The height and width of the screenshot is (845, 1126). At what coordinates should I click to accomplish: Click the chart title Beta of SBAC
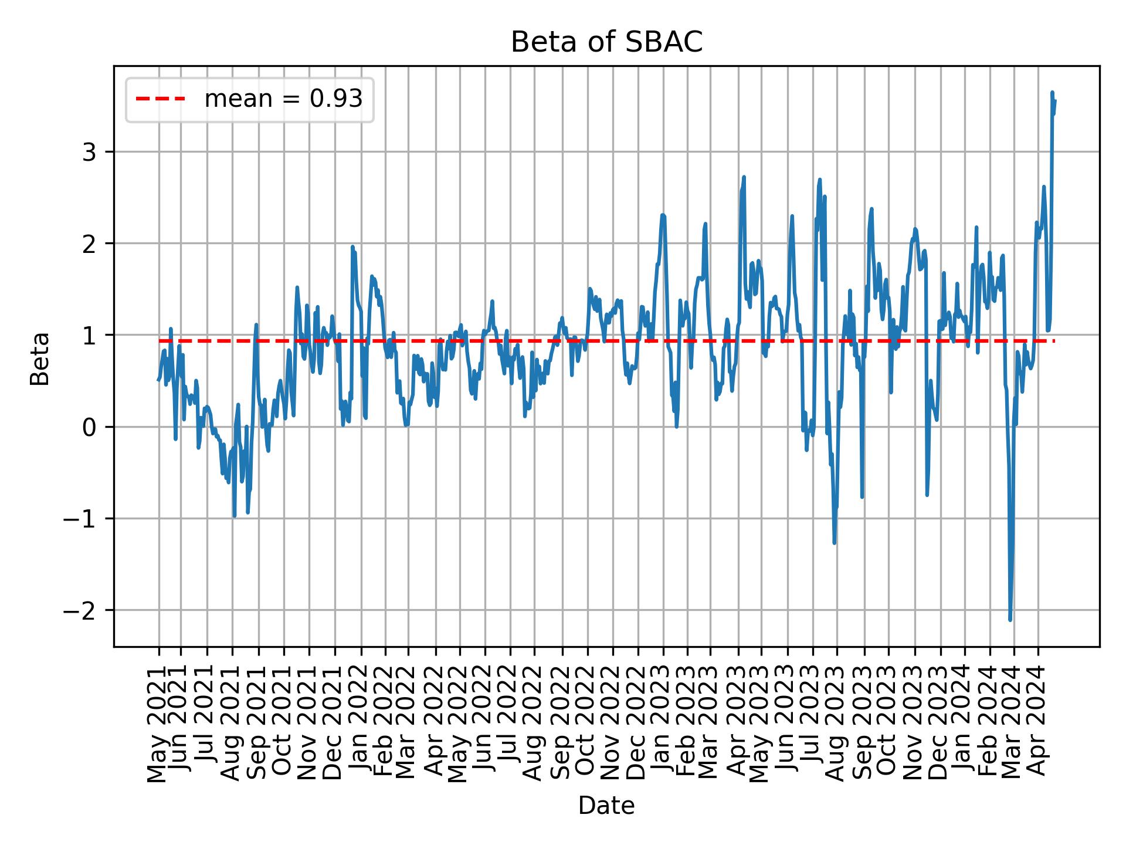tap(606, 42)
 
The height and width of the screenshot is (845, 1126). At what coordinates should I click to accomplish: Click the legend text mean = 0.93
tap(283, 99)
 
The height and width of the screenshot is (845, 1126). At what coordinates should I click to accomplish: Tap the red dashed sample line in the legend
tap(160, 99)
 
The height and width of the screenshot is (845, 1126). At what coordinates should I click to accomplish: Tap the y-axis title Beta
tap(40, 359)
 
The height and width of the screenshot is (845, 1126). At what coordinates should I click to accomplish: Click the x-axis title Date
tap(606, 806)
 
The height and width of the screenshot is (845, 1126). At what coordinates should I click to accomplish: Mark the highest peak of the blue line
tap(1052, 93)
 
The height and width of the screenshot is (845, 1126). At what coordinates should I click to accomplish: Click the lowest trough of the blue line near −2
tap(1010, 619)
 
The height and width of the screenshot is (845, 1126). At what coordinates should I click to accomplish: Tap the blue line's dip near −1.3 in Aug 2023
tap(834, 543)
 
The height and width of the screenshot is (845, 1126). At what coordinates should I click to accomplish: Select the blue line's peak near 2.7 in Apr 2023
tap(744, 177)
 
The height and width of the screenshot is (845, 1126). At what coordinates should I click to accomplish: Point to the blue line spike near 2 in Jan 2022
tap(352, 247)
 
